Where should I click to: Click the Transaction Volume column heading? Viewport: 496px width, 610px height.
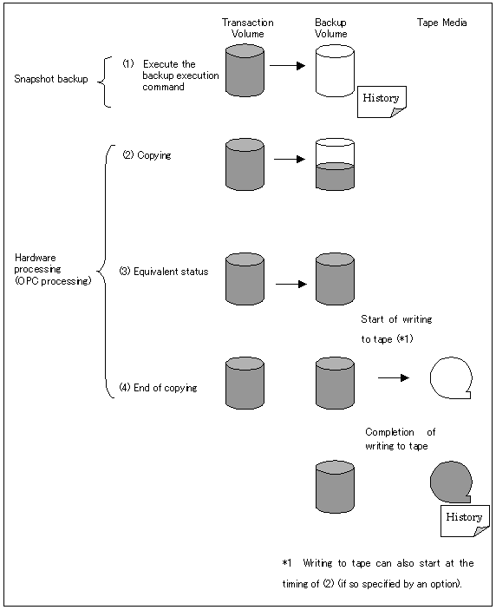tap(248, 28)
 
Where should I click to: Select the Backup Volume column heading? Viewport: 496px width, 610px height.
tap(330, 28)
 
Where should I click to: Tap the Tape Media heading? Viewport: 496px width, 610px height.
tap(441, 23)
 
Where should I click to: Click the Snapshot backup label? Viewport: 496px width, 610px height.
tap(51, 79)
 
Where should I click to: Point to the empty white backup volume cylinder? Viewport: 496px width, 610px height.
tap(335, 71)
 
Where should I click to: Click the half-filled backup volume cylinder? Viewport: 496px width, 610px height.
tap(335, 164)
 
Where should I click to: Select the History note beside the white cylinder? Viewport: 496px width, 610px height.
tap(382, 102)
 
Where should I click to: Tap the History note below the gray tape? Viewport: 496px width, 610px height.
tap(465, 521)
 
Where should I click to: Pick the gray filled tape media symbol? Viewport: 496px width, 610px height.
tap(451, 482)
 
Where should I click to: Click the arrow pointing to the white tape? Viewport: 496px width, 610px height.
tap(394, 377)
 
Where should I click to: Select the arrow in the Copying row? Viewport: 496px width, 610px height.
tap(290, 159)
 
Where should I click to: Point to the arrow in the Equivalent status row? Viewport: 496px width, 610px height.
tap(291, 284)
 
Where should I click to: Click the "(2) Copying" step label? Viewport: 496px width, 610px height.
tap(147, 155)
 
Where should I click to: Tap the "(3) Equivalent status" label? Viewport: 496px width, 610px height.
tap(164, 271)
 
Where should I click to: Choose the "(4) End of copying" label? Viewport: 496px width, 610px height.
tap(158, 388)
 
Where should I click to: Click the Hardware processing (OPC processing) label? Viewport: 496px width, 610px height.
tap(53, 269)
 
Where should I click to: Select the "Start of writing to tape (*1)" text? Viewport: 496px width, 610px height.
tap(396, 329)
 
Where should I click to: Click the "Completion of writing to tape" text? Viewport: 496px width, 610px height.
tap(401, 439)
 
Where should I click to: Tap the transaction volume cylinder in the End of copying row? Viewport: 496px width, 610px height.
tap(245, 384)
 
